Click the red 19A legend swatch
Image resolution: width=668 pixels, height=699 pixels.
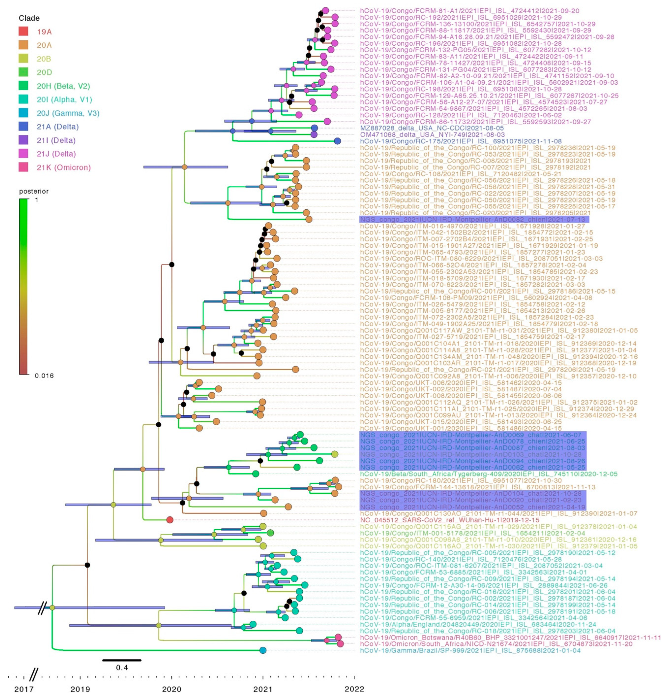[x=23, y=31]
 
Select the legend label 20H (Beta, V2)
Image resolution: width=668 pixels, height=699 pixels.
[x=63, y=86]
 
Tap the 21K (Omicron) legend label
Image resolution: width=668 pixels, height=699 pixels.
[x=63, y=167]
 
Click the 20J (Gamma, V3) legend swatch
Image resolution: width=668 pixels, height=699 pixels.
[x=23, y=113]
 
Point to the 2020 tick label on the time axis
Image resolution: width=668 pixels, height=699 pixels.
[x=172, y=689]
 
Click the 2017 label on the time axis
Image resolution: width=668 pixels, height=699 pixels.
[x=24, y=689]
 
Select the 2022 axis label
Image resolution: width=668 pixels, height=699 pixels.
[x=354, y=689]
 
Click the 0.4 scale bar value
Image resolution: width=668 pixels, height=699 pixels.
[x=122, y=668]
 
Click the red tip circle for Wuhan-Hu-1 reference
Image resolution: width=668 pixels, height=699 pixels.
[x=170, y=520]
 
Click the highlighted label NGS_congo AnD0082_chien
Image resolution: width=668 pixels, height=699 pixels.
[x=474, y=219]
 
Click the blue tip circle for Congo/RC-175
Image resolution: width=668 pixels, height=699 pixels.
[x=337, y=141]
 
